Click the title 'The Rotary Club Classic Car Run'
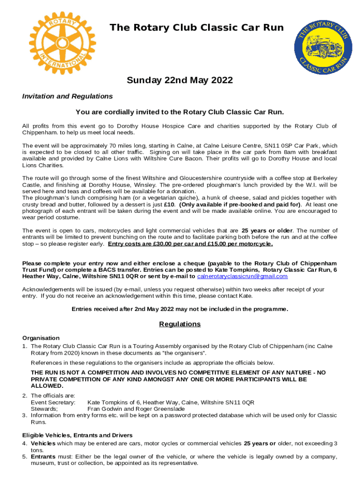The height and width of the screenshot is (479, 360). pos(196,28)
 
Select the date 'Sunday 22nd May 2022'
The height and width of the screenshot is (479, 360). pos(180,80)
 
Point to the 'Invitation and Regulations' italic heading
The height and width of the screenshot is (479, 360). pos(67,96)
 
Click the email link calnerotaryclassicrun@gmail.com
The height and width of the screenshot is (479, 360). pos(242,276)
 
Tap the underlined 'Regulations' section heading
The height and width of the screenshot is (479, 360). pos(180,324)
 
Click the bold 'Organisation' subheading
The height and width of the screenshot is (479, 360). pos(41,338)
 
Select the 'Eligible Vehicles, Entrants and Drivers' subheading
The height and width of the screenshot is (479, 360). pos(77,435)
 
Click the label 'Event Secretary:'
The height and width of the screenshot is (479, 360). pos(50,402)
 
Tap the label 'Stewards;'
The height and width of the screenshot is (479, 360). pos(44,409)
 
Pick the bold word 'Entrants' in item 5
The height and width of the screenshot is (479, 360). pos(43,457)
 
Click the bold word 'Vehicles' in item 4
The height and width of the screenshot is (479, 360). pos(43,443)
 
